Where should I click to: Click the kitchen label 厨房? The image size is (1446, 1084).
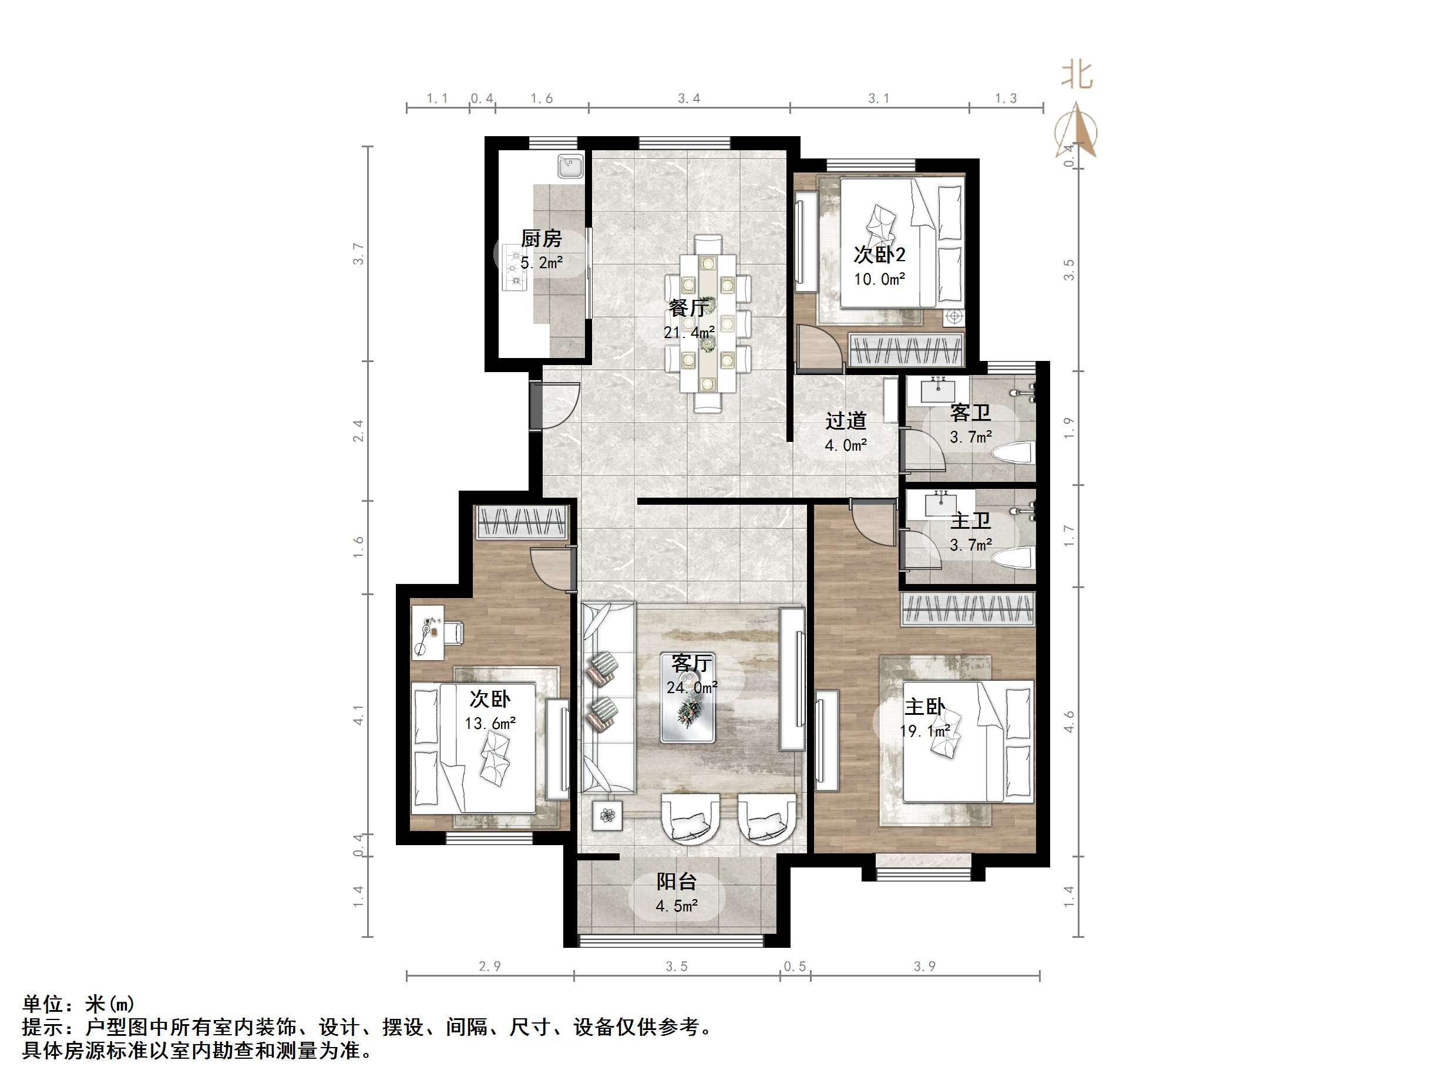(542, 238)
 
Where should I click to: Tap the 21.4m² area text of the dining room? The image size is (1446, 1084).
(689, 333)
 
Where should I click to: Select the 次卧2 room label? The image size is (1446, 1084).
(879, 254)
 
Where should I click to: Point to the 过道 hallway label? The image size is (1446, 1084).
(846, 421)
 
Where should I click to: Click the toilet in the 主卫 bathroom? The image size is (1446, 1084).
(1013, 558)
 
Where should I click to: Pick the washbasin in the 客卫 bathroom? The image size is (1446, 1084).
(939, 390)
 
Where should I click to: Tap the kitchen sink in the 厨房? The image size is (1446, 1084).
(571, 166)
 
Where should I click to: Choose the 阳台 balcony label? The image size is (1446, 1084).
(677, 882)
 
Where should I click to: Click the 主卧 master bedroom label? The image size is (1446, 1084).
(924, 707)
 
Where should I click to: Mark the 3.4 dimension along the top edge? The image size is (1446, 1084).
(689, 99)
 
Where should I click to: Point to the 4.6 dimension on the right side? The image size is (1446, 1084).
(1069, 721)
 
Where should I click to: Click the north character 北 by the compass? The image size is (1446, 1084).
(1077, 75)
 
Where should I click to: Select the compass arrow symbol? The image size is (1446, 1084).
(1077, 131)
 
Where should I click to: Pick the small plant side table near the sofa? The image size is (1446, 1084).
(608, 815)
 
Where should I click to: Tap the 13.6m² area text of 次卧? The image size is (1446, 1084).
(490, 723)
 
